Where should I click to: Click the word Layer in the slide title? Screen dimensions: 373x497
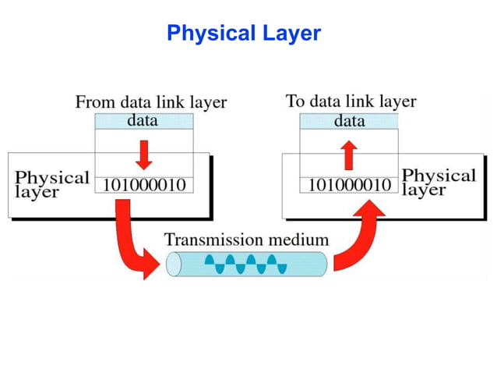click(291, 34)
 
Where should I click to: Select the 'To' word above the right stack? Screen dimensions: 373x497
click(295, 101)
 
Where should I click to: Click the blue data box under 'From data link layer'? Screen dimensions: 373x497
click(143, 121)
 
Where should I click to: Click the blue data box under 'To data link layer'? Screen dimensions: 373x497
click(349, 121)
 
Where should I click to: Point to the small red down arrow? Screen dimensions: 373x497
click(143, 154)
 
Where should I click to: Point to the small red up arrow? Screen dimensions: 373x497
click(349, 154)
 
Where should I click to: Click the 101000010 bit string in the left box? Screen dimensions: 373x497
click(144, 186)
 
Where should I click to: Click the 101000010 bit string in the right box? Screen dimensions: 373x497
click(350, 186)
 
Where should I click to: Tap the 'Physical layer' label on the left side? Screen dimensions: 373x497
click(52, 184)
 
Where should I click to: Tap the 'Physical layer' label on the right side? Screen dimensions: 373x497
click(438, 182)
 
